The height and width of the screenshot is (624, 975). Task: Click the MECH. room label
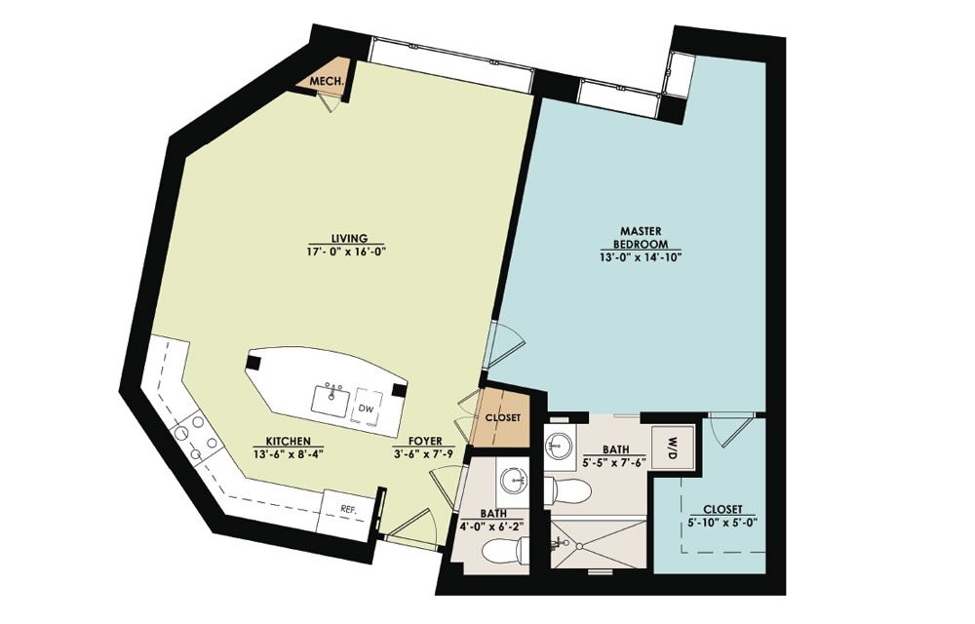coord(323,82)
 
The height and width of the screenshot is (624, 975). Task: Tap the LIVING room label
coord(349,238)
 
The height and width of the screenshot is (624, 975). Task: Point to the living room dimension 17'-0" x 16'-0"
coord(349,252)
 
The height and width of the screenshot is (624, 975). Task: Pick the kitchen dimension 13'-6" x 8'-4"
coord(288,453)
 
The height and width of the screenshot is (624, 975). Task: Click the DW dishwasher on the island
coord(367,408)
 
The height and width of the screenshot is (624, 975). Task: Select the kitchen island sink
coord(330,401)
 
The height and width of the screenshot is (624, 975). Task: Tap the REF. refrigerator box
coord(346,511)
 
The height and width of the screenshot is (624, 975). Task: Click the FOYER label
coord(425,442)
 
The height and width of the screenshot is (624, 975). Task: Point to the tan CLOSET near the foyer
coord(502,417)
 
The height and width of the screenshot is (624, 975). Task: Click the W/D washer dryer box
coord(672,448)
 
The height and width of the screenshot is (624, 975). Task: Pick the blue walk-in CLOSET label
coord(722,509)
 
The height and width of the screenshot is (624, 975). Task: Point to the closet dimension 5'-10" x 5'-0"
coord(722,522)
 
